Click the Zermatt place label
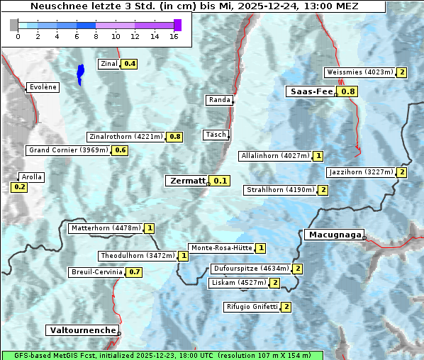(x=186, y=181)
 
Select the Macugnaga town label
(x=334, y=235)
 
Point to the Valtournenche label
(x=82, y=330)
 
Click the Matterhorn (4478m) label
(x=105, y=228)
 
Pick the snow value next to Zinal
(x=130, y=64)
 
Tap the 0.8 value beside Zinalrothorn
(x=175, y=137)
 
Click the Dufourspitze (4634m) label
(x=251, y=269)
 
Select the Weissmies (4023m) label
(x=359, y=72)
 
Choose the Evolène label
(x=43, y=87)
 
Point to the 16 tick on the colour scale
(x=174, y=36)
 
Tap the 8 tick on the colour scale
(x=96, y=36)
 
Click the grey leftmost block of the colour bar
(x=14, y=25)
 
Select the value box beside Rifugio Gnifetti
(x=286, y=307)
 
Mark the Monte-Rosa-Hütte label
(x=221, y=248)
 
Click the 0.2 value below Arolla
(x=19, y=187)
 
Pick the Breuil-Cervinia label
(x=96, y=272)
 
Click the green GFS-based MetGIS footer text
(x=162, y=355)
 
